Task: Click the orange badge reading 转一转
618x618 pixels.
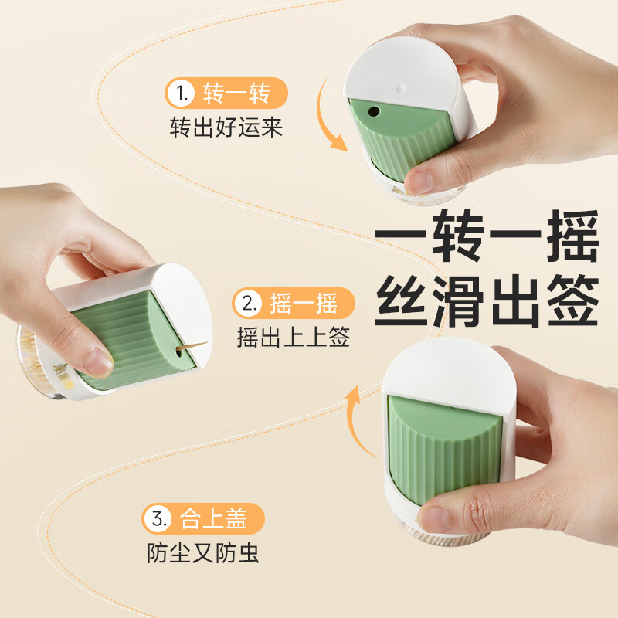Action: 226,95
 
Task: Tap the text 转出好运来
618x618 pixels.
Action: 226,127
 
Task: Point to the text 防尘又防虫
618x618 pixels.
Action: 203,553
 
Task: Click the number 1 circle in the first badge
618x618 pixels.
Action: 181,95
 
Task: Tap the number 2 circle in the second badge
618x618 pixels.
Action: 249,304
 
